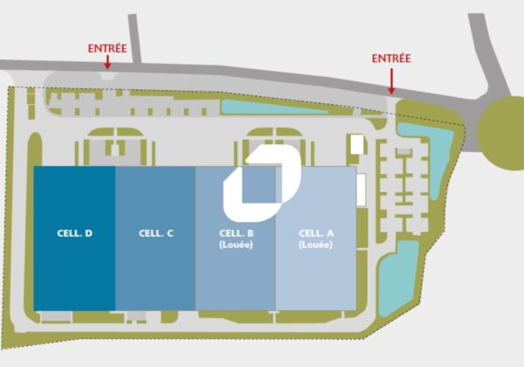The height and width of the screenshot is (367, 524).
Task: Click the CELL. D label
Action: pos(75,233)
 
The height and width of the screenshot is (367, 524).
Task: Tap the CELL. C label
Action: pos(156,233)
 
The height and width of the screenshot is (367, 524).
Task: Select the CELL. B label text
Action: pos(236,233)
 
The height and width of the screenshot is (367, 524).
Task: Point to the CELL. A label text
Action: pos(316,233)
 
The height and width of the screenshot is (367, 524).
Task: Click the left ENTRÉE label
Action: pos(108,49)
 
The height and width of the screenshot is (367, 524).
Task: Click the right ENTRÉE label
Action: pos(391,59)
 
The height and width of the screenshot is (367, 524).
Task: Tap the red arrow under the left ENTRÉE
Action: pos(108,63)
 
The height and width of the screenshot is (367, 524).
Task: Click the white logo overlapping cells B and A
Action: pos(262,181)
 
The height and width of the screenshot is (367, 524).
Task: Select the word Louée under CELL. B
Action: pos(236,246)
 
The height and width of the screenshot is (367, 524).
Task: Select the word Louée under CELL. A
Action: pos(316,246)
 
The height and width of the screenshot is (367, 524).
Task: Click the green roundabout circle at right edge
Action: pos(504,128)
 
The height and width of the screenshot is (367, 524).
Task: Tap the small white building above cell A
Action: pos(356,146)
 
